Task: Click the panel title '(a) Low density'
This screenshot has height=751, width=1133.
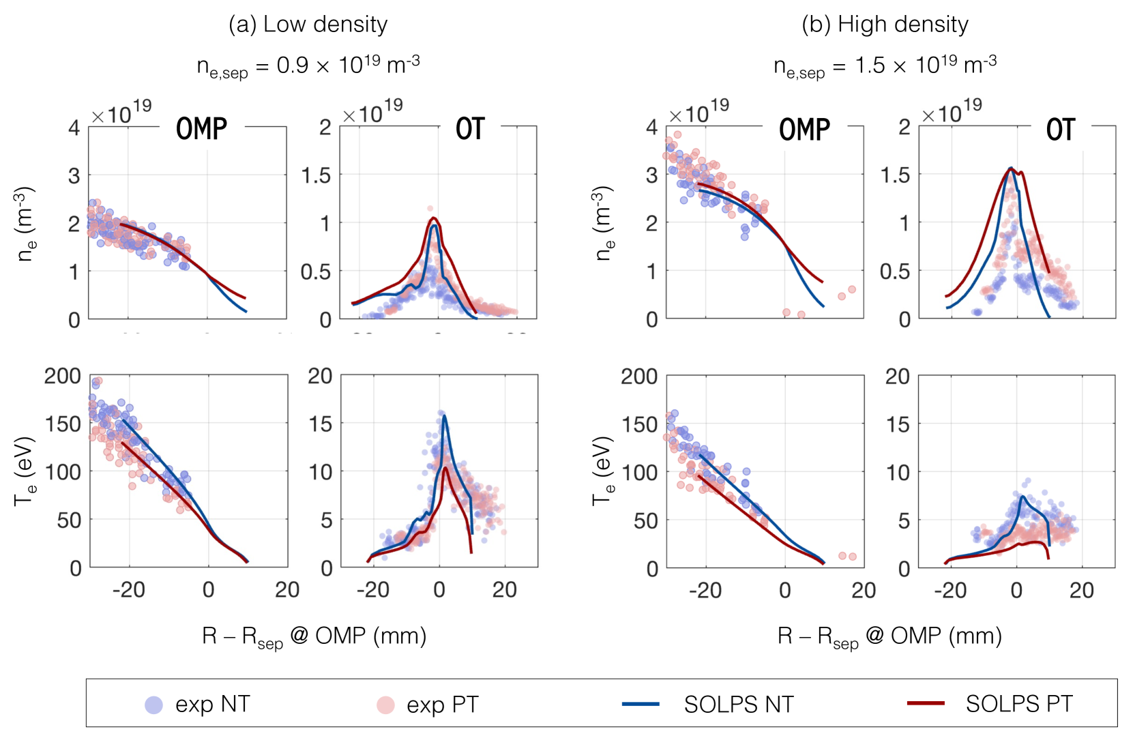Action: coord(308,25)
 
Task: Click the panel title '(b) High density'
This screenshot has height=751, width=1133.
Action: coord(885,25)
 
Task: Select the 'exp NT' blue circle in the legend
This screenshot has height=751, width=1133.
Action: coord(154,705)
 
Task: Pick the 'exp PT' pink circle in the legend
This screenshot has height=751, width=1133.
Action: coord(385,705)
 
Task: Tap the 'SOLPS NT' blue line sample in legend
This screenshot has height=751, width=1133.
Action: coord(641,704)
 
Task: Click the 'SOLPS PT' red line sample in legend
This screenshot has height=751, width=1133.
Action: coord(926,703)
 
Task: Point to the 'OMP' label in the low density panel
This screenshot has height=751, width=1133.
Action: coord(201,129)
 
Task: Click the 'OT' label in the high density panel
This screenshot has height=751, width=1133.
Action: coord(1060,130)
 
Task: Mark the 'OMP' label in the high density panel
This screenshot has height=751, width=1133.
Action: coord(804,130)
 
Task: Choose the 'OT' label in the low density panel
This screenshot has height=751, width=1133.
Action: coord(470,129)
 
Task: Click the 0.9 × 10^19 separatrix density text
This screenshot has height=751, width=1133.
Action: coord(308,65)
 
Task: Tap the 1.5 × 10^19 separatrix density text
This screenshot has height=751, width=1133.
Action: coord(885,65)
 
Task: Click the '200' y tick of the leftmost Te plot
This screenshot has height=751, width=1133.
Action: coord(63,376)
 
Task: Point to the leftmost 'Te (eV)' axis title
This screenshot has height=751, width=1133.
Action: coord(25,471)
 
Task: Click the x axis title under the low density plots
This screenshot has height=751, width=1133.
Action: coord(314,636)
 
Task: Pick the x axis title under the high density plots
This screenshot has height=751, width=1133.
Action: coord(889,636)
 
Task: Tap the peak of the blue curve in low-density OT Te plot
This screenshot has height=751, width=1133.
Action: coord(445,415)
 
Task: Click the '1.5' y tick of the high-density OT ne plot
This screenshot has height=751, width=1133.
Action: coord(895,175)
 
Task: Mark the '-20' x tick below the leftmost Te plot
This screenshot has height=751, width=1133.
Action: coord(128,589)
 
